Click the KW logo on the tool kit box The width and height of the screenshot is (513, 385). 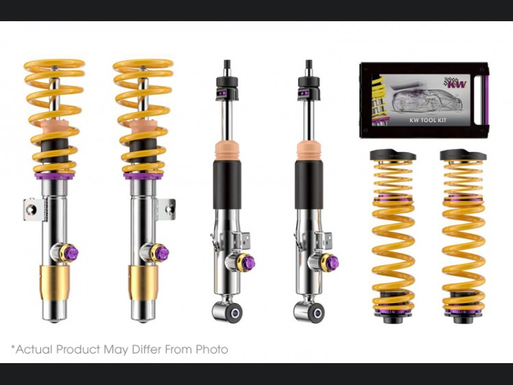coord(455,83)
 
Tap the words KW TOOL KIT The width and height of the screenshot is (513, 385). coord(428,120)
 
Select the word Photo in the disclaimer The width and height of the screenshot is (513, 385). coord(211,349)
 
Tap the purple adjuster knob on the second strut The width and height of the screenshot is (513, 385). coord(162,252)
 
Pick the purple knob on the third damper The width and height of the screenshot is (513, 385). coord(249,261)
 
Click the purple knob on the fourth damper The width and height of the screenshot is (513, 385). coord(332,261)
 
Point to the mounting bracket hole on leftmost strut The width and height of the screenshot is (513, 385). coord(31,209)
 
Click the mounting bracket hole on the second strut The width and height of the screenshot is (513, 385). coord(169,209)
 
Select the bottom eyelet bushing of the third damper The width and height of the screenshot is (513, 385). coord(234,313)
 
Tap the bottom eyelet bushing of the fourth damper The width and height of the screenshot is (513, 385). coord(316,313)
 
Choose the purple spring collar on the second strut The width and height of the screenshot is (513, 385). coord(144,176)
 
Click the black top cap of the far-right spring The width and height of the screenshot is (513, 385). coord(463,155)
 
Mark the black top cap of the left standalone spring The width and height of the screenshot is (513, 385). coord(393,155)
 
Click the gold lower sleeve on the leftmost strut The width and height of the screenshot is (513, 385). coord(55,282)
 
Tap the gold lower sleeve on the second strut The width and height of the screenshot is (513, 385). coord(144,282)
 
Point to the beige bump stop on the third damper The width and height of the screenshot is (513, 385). coord(228,151)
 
